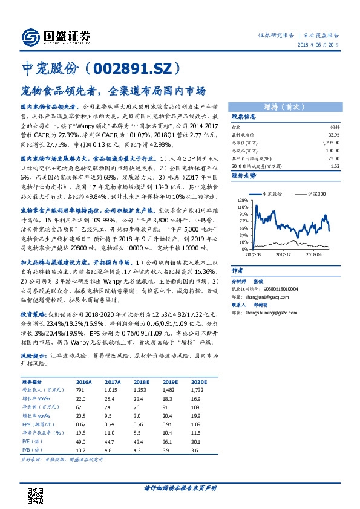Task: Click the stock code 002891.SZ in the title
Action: pyautogui.click(x=132, y=68)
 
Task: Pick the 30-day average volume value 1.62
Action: pyautogui.click(x=335, y=165)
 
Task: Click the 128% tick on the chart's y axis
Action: pyautogui.click(x=243, y=200)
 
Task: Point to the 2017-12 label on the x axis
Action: pyautogui.click(x=284, y=254)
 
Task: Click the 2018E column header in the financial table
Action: pyautogui.click(x=141, y=383)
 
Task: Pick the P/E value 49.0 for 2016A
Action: pyautogui.click(x=82, y=443)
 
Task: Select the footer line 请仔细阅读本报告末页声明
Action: pyautogui.click(x=180, y=487)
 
